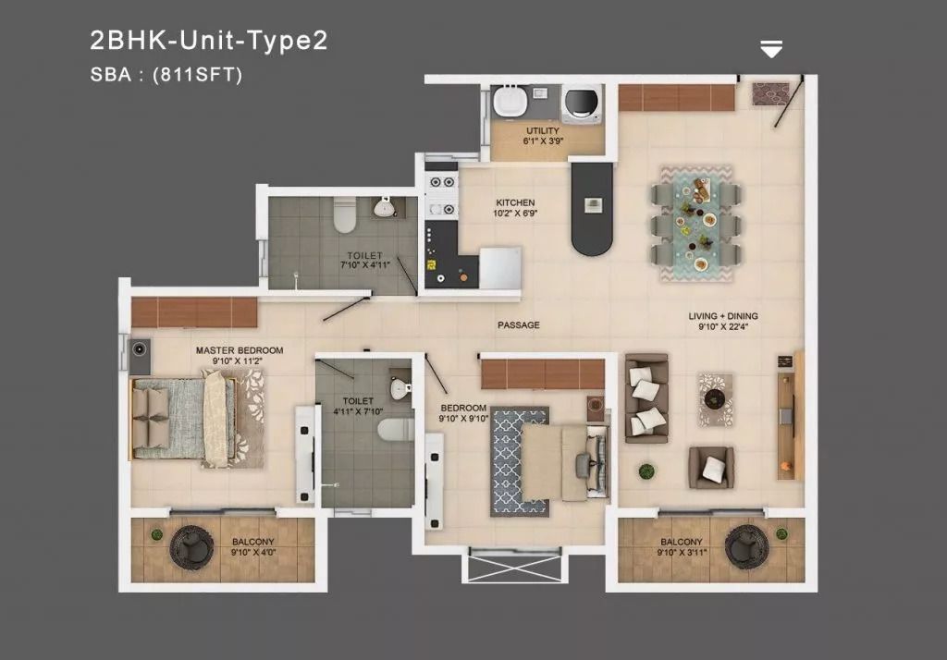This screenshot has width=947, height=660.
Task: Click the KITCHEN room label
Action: [515, 202]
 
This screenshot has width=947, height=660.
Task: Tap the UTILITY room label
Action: [542, 130]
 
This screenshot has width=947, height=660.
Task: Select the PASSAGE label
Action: [519, 324]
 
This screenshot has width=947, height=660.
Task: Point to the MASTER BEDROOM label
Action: [240, 350]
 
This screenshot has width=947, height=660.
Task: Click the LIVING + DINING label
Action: [723, 316]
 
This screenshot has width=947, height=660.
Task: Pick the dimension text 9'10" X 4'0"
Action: [253, 553]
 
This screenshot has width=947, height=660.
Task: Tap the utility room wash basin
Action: [510, 101]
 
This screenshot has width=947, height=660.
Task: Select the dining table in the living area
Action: [696, 224]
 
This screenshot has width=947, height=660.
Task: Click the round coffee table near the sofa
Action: [715, 398]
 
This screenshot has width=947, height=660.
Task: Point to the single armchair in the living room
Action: [711, 468]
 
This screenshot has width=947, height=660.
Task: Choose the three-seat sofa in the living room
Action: [646, 398]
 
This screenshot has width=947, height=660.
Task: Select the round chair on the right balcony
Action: [746, 547]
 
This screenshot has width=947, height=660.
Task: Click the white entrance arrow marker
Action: [771, 49]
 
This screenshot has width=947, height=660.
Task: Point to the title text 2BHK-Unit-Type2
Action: [209, 41]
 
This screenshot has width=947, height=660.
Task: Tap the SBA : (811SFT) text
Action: [166, 74]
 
